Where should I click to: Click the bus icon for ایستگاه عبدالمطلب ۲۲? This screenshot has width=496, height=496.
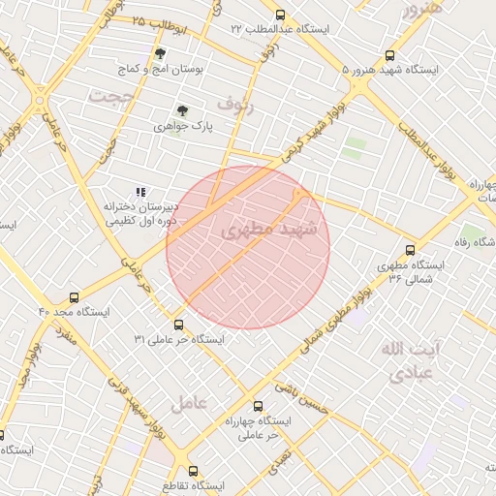tap(280, 15)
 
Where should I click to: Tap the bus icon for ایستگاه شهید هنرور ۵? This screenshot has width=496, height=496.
tap(389, 56)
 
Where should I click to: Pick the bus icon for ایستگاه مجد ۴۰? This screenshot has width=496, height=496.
tap(75, 298)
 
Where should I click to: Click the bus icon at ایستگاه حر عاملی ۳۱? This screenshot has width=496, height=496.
tap(178, 325)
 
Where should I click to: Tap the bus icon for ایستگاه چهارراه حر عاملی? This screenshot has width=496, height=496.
tap(257, 407)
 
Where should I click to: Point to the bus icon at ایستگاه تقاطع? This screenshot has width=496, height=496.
tap(193, 471)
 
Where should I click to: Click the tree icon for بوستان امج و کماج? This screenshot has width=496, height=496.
tap(160, 54)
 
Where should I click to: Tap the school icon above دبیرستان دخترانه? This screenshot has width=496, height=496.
tap(140, 192)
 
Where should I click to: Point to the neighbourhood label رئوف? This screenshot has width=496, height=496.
tap(234, 100)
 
